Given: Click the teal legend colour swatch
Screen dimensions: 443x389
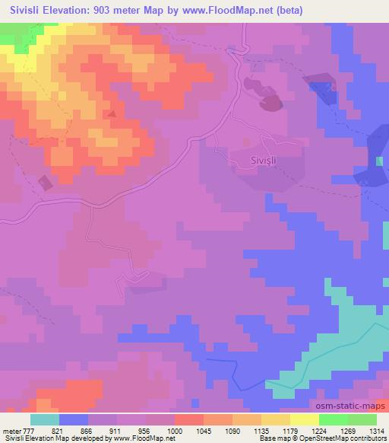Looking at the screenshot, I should tap(44, 420).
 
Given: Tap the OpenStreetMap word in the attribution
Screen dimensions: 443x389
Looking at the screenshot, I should tap(330, 438).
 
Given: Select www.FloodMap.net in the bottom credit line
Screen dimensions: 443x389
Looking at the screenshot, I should tap(139, 438).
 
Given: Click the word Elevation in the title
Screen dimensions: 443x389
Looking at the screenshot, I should tap(67, 11).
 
